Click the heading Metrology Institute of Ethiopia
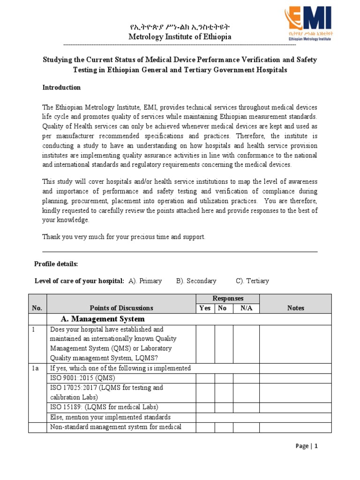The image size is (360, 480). coord(180,37)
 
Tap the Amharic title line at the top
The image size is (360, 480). coord(180,27)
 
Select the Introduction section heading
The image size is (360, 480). coord(61,88)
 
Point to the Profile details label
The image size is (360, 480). coord(56,264)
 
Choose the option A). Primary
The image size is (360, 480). coord(145,281)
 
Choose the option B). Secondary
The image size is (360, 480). coord(196,281)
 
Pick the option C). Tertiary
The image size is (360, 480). coord(252,281)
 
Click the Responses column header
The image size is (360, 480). coord(228,299)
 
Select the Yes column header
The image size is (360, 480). coord(205,308)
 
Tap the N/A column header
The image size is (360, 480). coord(246,308)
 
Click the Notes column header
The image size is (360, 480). coord(295,308)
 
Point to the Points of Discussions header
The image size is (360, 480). coord(121,308)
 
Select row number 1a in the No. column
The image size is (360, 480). coord(35,368)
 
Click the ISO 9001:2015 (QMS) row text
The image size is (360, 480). coord(82,378)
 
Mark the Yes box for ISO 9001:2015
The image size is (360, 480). coord(205,378)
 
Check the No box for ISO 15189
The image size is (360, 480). coord(224,406)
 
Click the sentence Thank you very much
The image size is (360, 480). coord(124,237)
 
